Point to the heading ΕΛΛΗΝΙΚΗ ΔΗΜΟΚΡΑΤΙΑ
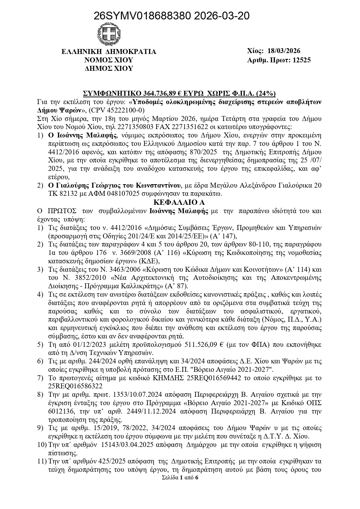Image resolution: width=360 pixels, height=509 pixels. (109, 52)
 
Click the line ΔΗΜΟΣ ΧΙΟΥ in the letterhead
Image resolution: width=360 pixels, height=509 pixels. (109, 68)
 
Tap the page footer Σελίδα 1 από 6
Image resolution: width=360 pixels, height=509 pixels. (180, 478)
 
